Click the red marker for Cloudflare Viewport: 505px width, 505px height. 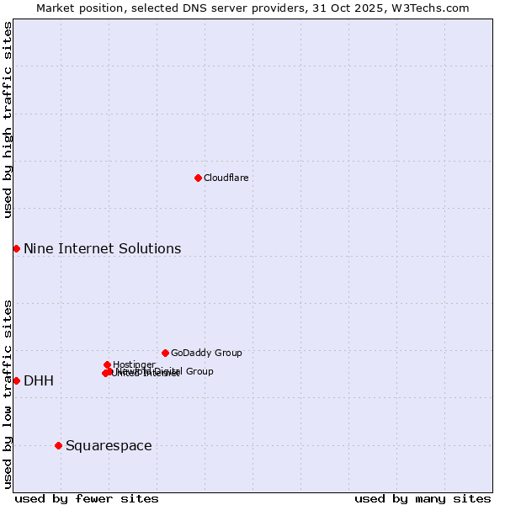198,178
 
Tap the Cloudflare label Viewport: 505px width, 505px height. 226,178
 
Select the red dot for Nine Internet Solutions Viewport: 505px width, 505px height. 16,248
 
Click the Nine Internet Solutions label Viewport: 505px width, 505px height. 102,248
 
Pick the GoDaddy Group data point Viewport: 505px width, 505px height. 165,353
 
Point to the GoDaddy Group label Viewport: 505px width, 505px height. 206,353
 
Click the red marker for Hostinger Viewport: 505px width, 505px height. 107,364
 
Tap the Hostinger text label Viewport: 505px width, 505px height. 134,364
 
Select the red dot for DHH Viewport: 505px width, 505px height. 16,380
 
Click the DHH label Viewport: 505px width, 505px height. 39,381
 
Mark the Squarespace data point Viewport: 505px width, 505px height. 58,445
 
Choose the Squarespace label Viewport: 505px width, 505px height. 109,445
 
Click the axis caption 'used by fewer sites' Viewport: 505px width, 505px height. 87,498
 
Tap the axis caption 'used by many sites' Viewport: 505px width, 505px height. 423,498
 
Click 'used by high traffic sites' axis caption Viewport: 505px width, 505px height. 8,120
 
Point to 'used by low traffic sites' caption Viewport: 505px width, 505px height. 8,394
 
